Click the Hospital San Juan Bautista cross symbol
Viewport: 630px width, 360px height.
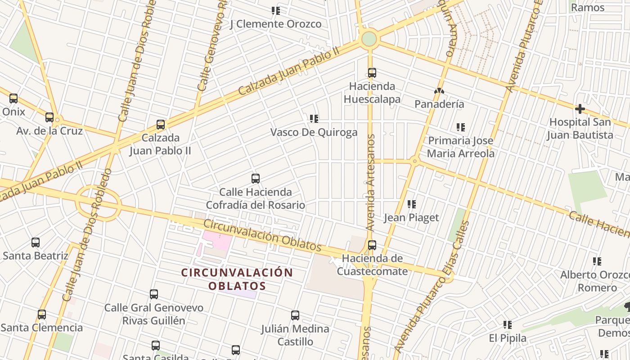click(x=580, y=108)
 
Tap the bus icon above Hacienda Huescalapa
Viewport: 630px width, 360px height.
click(x=372, y=72)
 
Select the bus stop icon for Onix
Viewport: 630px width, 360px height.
click(x=13, y=98)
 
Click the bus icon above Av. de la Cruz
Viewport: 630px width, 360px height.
click(x=49, y=117)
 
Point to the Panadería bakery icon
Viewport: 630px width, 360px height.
click(x=439, y=91)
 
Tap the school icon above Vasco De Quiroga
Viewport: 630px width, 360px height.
click(x=314, y=119)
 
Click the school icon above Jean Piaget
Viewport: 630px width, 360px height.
click(x=411, y=204)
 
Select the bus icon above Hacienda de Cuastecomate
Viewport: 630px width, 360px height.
click(x=372, y=245)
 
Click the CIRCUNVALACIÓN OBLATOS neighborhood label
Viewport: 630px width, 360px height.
click(x=237, y=279)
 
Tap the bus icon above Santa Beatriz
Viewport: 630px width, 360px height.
click(x=36, y=243)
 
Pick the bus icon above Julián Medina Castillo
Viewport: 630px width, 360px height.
click(x=295, y=315)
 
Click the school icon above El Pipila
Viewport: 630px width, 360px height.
click(x=508, y=324)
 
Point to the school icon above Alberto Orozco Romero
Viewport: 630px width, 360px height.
click(x=597, y=261)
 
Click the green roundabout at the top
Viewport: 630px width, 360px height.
click(x=369, y=39)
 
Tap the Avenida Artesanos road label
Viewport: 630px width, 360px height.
click(x=370, y=182)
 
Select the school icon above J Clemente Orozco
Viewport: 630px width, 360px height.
click(x=275, y=10)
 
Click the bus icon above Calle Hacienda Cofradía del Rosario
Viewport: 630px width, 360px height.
click(x=256, y=179)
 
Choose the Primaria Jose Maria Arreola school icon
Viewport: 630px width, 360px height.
click(x=460, y=127)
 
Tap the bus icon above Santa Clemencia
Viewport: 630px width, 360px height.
click(x=42, y=315)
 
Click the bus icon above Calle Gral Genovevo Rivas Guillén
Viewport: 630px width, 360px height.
click(x=154, y=295)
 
